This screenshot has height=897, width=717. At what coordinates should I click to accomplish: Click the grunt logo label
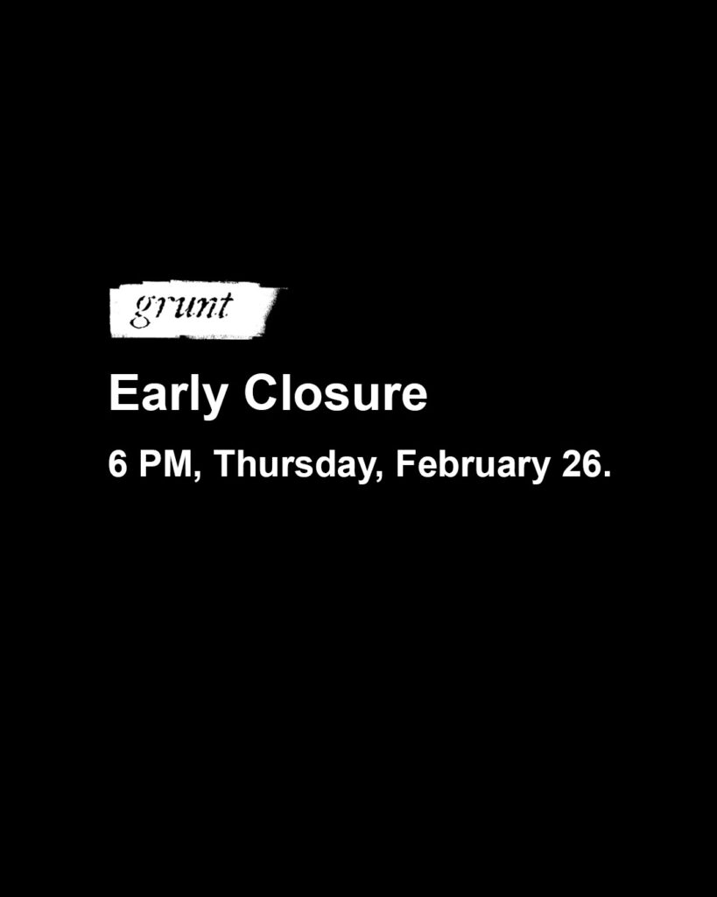(x=194, y=310)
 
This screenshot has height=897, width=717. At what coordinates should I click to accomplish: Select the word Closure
(x=335, y=395)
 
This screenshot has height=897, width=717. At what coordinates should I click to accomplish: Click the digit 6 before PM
(x=116, y=463)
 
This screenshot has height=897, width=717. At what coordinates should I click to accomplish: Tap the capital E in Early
(x=121, y=395)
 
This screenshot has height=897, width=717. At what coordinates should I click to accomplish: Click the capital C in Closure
(x=260, y=395)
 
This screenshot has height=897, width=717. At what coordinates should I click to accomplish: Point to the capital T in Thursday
(x=223, y=463)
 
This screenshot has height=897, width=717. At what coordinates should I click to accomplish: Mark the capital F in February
(x=404, y=463)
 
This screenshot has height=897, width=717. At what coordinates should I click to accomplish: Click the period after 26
(x=604, y=474)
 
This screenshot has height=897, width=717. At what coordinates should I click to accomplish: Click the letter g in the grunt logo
(x=140, y=311)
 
